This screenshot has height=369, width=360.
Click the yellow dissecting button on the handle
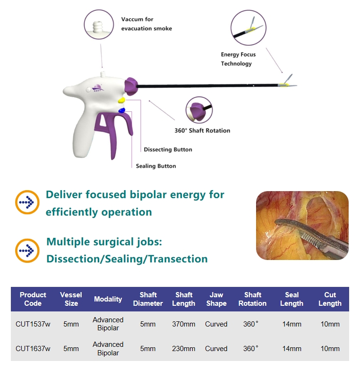click(x=121, y=100)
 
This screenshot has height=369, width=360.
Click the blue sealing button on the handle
click(x=122, y=110)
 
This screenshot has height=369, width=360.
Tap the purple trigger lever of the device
click(x=113, y=134)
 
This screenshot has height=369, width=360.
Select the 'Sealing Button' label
click(x=156, y=166)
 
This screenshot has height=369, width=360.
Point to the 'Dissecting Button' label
click(x=168, y=150)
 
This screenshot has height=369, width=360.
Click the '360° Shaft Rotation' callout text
click(x=200, y=131)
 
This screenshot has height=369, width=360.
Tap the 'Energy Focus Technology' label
click(x=237, y=59)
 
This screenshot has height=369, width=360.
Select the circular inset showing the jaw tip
click(x=249, y=27)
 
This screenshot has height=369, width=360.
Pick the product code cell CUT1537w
click(x=33, y=324)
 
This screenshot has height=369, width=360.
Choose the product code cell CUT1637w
click(x=33, y=349)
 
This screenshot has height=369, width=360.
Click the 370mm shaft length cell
click(x=183, y=324)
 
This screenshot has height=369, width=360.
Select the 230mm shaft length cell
click(x=183, y=349)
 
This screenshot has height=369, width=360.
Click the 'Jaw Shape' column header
click(x=216, y=299)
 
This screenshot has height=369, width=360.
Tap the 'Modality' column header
click(x=108, y=299)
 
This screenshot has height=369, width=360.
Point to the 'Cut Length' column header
click(x=330, y=299)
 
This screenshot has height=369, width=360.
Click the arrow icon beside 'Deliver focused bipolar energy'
click(x=27, y=203)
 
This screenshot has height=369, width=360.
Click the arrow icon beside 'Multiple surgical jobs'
click(x=27, y=250)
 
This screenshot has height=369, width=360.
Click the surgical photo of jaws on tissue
click(x=302, y=226)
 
